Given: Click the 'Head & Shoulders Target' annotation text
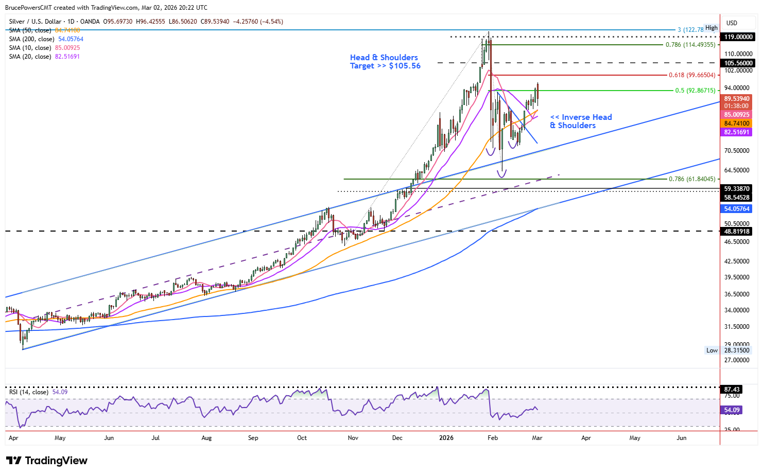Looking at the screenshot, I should pyautogui.click(x=385, y=62).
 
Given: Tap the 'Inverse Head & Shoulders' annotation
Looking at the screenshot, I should pyautogui.click(x=581, y=121).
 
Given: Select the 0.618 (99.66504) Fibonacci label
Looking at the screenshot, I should pyautogui.click(x=691, y=75).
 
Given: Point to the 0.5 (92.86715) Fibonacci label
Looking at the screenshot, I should pyautogui.click(x=695, y=91).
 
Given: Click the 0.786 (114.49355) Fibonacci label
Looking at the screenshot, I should pyautogui.click(x=690, y=45).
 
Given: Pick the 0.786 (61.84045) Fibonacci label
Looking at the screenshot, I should pyautogui.click(x=691, y=179).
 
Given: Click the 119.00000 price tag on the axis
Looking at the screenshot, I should pyautogui.click(x=738, y=37).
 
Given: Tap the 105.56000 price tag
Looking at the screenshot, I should pyautogui.click(x=738, y=63).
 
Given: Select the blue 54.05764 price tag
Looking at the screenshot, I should pyautogui.click(x=737, y=209).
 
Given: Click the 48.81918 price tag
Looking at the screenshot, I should pyautogui.click(x=737, y=232).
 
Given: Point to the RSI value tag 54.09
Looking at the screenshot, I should pyautogui.click(x=732, y=410).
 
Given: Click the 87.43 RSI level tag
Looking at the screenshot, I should pyautogui.click(x=732, y=390).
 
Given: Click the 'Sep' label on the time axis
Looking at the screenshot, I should pyautogui.click(x=253, y=438).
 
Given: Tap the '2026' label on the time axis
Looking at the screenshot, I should pyautogui.click(x=446, y=438).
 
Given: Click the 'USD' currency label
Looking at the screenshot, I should pyautogui.click(x=732, y=23).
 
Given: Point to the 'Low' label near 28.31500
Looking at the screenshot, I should pyautogui.click(x=712, y=350).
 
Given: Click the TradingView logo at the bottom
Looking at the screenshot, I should pyautogui.click(x=47, y=461).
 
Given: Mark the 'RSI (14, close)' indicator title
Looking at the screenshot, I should pyautogui.click(x=29, y=392).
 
